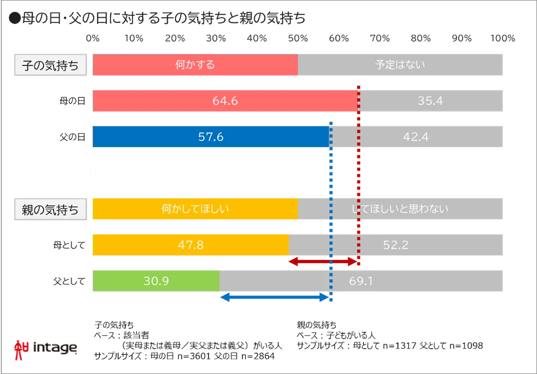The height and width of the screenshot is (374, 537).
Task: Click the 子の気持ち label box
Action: tap(50, 65)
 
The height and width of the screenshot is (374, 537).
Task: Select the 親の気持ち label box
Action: tap(50, 210)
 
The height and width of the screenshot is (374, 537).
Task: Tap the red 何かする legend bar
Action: tap(195, 65)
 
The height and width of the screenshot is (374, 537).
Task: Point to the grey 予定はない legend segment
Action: tap(400, 65)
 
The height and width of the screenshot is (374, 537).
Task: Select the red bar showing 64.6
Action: tap(225, 101)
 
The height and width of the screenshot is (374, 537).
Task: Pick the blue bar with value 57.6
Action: tap(211, 137)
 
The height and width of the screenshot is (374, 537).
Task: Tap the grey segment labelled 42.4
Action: tap(416, 137)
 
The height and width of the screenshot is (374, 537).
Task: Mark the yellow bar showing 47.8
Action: tap(190, 245)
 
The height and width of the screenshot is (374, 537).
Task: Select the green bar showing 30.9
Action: tap(156, 281)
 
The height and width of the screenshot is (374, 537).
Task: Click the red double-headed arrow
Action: tap(323, 262)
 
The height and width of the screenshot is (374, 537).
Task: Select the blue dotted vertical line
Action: tap(331, 183)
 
